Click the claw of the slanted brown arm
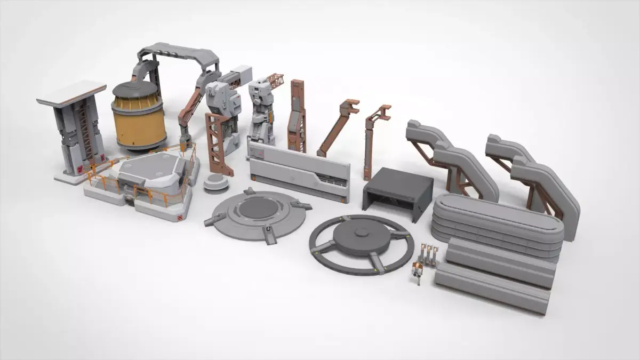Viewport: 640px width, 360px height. pos(350,107)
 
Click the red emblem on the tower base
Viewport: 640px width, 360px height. pos(81,170)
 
